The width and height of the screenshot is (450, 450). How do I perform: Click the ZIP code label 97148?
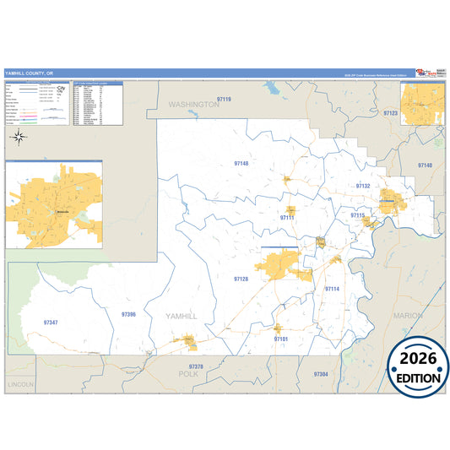click(x=241, y=163)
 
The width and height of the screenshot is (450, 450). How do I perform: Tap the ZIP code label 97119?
click(x=224, y=100)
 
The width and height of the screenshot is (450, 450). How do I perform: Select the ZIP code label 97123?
click(x=390, y=112)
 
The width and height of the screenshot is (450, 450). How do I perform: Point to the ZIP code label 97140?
click(x=424, y=165)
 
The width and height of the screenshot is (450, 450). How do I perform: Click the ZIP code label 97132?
click(x=363, y=186)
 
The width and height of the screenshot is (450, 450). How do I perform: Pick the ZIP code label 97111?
click(x=287, y=218)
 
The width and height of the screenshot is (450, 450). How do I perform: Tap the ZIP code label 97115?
click(x=358, y=216)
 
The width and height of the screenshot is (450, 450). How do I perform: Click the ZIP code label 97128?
click(x=241, y=279)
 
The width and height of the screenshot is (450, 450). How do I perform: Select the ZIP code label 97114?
click(x=332, y=289)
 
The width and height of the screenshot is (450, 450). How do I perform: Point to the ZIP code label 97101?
click(x=281, y=339)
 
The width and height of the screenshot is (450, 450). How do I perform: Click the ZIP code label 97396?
click(x=128, y=314)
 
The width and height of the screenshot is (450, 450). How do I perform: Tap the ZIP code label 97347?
click(x=51, y=323)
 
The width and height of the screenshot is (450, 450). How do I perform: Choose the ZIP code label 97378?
click(x=196, y=366)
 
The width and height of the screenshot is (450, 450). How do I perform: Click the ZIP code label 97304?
click(x=320, y=373)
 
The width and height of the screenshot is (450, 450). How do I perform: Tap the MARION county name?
click(x=409, y=315)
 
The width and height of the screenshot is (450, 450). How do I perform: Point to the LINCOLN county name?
click(x=20, y=384)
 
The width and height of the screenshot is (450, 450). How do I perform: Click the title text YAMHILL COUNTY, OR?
click(x=28, y=73)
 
